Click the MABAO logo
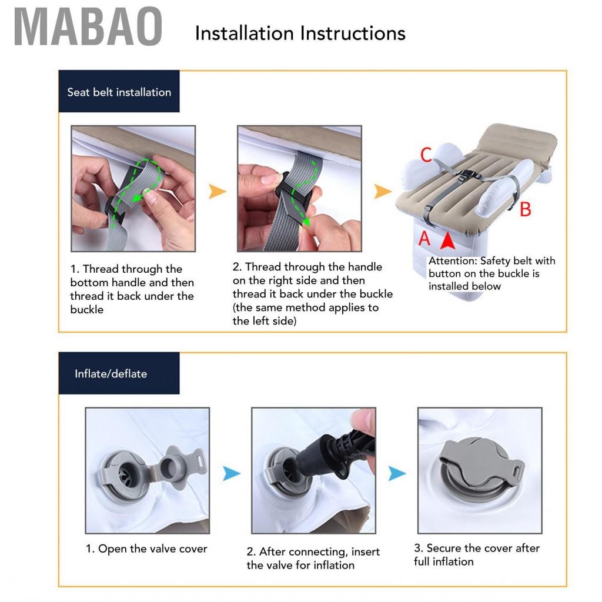pyautogui.click(x=88, y=26)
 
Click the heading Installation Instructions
pyautogui.click(x=300, y=34)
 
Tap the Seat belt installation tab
pyautogui.click(x=119, y=91)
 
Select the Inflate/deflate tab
pyautogui.click(x=119, y=373)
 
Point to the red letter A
pyautogui.click(x=424, y=238)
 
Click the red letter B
pyautogui.click(x=526, y=210)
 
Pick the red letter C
pyautogui.click(x=426, y=155)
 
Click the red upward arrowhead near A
pyautogui.click(x=447, y=240)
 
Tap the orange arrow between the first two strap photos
pyautogui.click(x=217, y=191)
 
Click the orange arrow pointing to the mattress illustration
pyautogui.click(x=382, y=191)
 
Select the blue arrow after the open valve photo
pyautogui.click(x=232, y=473)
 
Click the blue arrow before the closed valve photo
pyautogui.click(x=397, y=473)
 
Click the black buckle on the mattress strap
pyautogui.click(x=469, y=176)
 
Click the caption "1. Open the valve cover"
pyautogui.click(x=146, y=549)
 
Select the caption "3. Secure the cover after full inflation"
pyautogui.click(x=476, y=555)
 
